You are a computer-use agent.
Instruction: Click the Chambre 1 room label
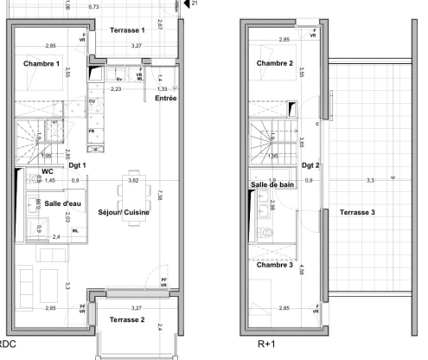click(41, 64)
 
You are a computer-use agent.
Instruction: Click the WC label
click(48, 171)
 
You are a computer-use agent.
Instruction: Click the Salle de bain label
click(273, 184)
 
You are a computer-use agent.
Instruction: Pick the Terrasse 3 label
click(357, 211)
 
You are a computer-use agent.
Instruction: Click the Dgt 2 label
click(310, 164)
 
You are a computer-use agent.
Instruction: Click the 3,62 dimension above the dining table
click(133, 180)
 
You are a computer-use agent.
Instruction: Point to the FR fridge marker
click(91, 132)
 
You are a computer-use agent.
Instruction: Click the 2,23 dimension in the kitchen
click(116, 88)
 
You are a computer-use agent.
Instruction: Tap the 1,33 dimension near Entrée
click(162, 88)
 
